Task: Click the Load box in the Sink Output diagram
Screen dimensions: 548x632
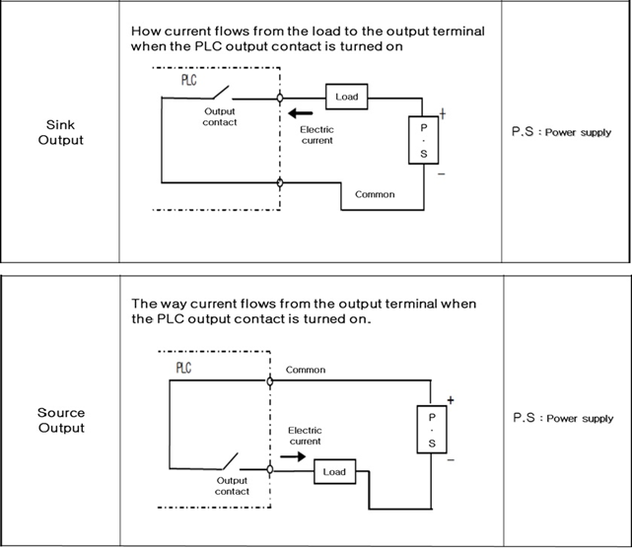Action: pyautogui.click(x=346, y=97)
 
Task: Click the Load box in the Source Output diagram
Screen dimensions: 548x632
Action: pyautogui.click(x=334, y=471)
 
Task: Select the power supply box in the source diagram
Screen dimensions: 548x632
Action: pyautogui.click(x=431, y=431)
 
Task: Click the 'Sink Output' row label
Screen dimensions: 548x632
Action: pyautogui.click(x=60, y=132)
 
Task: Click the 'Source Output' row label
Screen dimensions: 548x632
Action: pyautogui.click(x=60, y=420)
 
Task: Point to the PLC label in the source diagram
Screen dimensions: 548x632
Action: pyautogui.click(x=183, y=368)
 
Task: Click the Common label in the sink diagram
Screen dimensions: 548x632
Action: pyautogui.click(x=374, y=194)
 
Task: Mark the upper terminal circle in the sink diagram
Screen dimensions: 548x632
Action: pyautogui.click(x=281, y=98)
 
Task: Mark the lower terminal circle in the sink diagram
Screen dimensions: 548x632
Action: pyautogui.click(x=281, y=183)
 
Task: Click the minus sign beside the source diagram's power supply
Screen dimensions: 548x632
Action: pyautogui.click(x=449, y=459)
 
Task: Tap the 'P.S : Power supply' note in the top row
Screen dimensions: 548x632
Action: pyautogui.click(x=562, y=132)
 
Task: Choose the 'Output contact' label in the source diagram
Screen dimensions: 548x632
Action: pyautogui.click(x=233, y=485)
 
